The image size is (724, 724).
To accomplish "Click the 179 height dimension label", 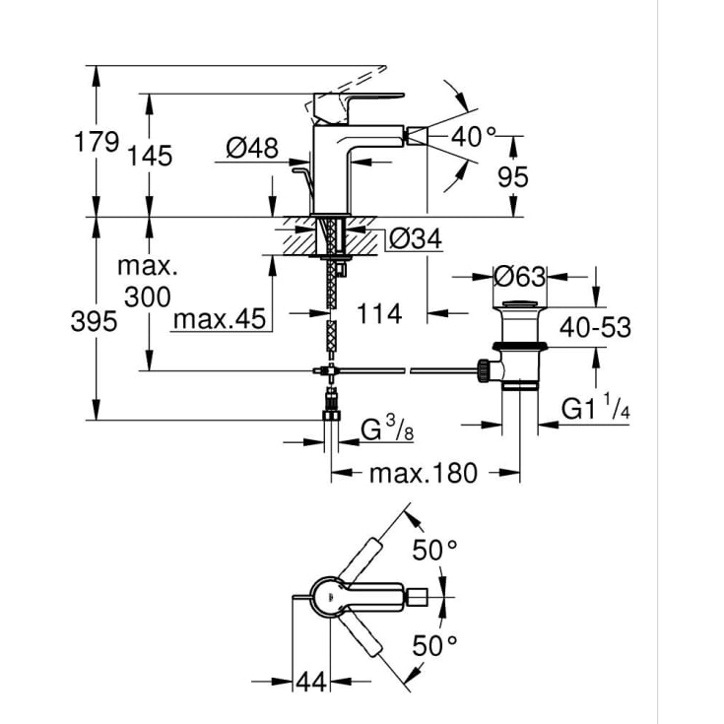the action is [x=97, y=142].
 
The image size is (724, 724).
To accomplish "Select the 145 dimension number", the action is [x=150, y=156].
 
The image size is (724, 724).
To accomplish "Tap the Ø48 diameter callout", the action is [x=252, y=148].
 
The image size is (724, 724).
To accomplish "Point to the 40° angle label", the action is [x=473, y=137].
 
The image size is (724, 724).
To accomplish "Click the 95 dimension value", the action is [x=512, y=177].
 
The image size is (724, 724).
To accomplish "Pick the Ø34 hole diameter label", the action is [x=416, y=238].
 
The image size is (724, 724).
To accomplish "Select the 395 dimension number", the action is [x=94, y=321].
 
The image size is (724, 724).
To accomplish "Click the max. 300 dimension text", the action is [x=148, y=282].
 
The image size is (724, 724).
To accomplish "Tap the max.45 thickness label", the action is [x=220, y=319].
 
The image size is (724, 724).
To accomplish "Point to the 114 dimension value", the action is [x=379, y=314].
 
